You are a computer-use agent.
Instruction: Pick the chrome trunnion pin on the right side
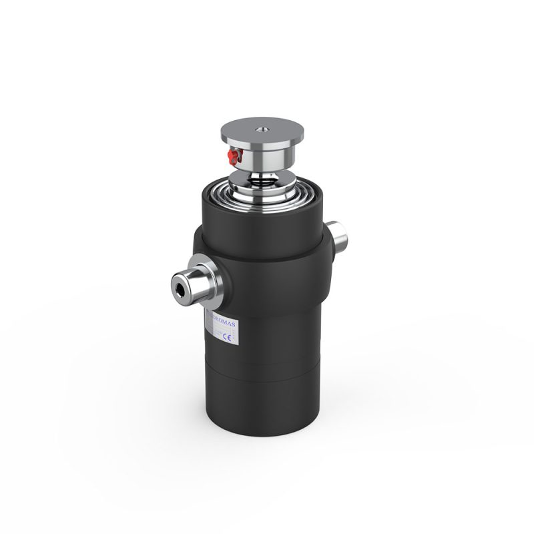(x=340, y=235)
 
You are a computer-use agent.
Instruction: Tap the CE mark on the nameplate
(x=226, y=338)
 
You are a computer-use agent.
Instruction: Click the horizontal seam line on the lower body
(x=267, y=364)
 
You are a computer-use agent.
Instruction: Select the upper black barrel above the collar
(x=267, y=214)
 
